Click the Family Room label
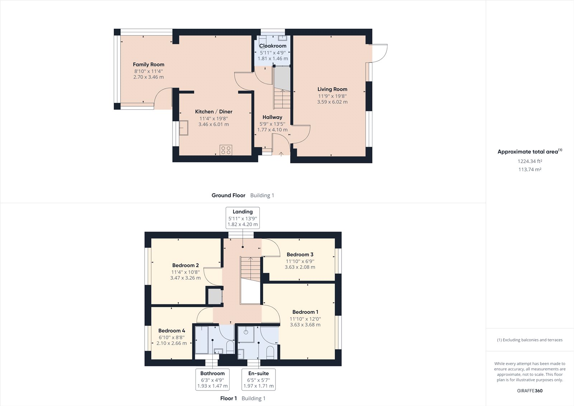(149, 65)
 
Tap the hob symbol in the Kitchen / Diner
(226, 150)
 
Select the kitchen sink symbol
(184, 128)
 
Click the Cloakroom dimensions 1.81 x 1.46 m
(273, 59)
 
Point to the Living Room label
(332, 89)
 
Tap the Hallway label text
(272, 117)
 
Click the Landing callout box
(243, 218)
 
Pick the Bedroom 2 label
(185, 265)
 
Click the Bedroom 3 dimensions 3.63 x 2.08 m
(300, 267)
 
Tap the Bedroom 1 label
(305, 312)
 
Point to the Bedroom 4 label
(172, 331)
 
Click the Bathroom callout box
(212, 379)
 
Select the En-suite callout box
(258, 379)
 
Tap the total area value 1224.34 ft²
(530, 161)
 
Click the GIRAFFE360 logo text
(530, 391)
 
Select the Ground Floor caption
(229, 195)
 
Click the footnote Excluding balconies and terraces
(530, 340)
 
